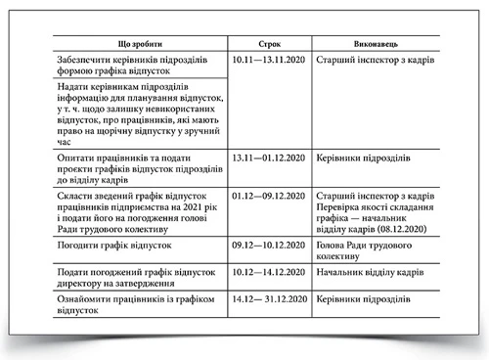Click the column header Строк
click(x=269, y=45)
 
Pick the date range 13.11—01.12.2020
click(x=274, y=157)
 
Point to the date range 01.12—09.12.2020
click(x=274, y=197)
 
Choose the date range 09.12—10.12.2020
click(x=274, y=244)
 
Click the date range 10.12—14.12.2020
click(x=274, y=267)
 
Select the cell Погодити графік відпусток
click(x=116, y=244)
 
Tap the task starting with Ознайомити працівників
click(x=130, y=304)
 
